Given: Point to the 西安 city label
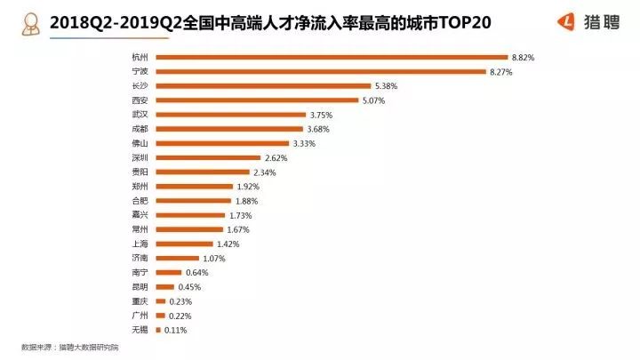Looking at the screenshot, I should [x=138, y=100].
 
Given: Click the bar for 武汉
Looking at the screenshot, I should [x=229, y=115].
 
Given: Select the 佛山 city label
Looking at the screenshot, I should [x=138, y=143].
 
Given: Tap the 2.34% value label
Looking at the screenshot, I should [x=264, y=172].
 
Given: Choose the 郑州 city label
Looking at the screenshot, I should [x=138, y=187].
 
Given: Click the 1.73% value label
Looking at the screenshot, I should [x=240, y=215].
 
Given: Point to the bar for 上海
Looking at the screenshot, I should [x=182, y=244].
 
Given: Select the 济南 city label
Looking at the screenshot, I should [x=138, y=258].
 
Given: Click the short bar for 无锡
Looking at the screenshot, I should [x=157, y=330].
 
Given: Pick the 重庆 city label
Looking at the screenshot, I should [x=138, y=301].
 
